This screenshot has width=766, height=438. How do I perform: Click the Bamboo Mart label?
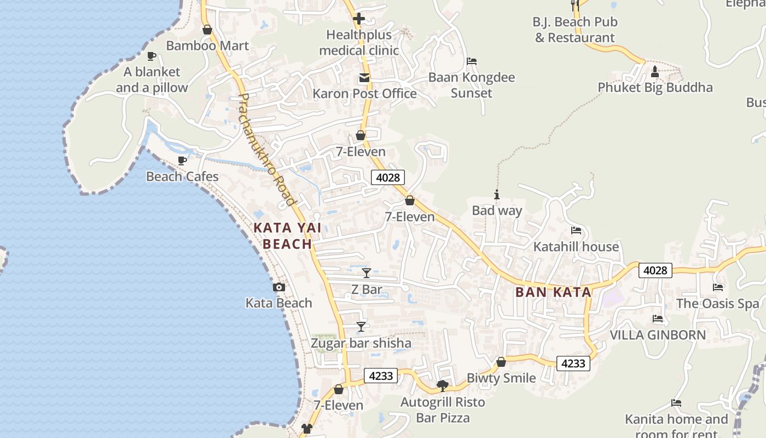tap(207, 45)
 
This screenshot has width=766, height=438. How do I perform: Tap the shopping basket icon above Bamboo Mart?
tap(207, 30)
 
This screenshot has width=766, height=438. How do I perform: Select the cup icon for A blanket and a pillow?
tap(152, 56)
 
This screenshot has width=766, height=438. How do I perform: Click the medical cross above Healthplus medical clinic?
tap(359, 19)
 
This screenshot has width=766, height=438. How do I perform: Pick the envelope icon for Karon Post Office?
tap(364, 78)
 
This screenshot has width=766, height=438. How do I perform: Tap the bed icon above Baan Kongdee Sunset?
tap(472, 61)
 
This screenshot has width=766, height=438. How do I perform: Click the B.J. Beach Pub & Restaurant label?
tap(575, 30)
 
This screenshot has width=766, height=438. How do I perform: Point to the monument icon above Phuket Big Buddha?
tap(655, 71)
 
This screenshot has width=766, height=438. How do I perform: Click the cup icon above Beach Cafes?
tap(182, 161)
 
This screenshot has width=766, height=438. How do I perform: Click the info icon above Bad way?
tap(497, 194)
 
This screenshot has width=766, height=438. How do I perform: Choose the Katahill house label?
tap(576, 246)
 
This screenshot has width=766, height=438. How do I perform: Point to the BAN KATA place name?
tap(553, 292)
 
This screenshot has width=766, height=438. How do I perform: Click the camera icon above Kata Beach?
tap(279, 287)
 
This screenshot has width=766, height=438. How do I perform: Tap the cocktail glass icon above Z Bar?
tap(367, 273)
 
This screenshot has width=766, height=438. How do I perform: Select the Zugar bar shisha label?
tap(361, 343)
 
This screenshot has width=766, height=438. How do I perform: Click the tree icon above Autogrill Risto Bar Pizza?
tap(443, 387)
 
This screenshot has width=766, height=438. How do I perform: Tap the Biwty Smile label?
tap(501, 378)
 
